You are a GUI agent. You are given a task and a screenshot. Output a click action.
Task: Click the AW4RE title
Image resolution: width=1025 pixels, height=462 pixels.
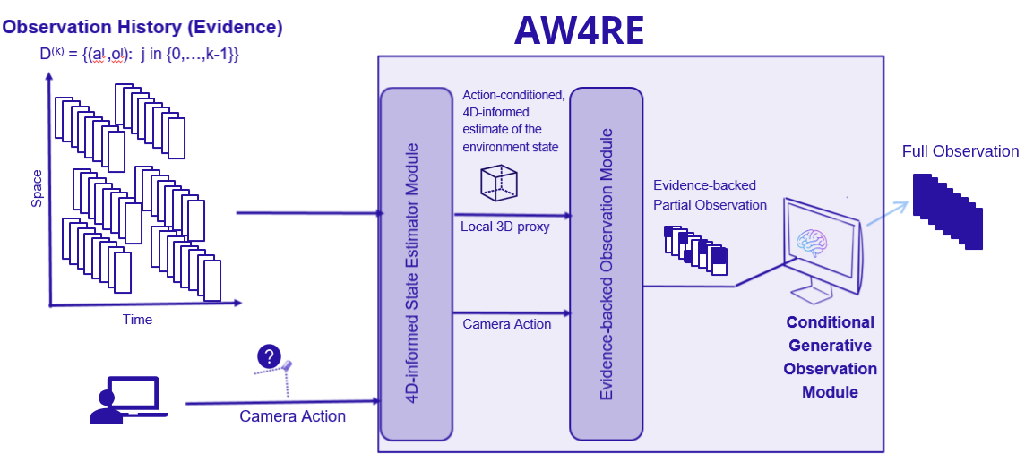[x=579, y=31]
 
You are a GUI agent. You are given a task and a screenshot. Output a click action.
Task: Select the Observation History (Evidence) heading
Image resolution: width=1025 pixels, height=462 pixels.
[x=142, y=27]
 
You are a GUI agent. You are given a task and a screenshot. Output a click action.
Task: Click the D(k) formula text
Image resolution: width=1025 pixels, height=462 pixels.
[x=139, y=55]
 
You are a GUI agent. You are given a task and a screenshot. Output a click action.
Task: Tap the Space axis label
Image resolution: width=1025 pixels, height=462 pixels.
[x=37, y=189]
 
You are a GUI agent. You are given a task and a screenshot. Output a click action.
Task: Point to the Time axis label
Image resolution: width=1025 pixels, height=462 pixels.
[x=137, y=320]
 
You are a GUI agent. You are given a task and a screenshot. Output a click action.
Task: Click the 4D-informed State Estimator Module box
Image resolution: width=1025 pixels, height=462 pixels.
[x=416, y=264]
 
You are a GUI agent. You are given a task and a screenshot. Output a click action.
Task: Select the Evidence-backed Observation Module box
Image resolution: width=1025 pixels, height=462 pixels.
[x=606, y=264]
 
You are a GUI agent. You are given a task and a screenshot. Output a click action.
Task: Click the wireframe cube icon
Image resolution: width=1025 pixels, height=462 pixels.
[x=499, y=183]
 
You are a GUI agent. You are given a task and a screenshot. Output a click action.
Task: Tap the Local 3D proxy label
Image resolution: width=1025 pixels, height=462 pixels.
[x=505, y=227]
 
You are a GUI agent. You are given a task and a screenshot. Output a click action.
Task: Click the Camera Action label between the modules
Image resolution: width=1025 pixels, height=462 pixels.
[x=507, y=324]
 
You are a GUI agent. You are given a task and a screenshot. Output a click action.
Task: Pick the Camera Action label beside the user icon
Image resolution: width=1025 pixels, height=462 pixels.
[x=292, y=416]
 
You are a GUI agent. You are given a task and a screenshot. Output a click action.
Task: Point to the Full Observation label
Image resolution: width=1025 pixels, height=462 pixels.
[x=960, y=151]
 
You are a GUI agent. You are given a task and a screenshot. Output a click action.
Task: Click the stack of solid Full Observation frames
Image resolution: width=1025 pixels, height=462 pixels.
[x=948, y=211]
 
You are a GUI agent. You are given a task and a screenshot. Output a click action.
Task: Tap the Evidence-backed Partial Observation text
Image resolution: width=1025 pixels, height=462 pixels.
[x=710, y=195]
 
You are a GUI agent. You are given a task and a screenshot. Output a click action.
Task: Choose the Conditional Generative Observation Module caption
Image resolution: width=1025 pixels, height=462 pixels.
[x=830, y=357]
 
